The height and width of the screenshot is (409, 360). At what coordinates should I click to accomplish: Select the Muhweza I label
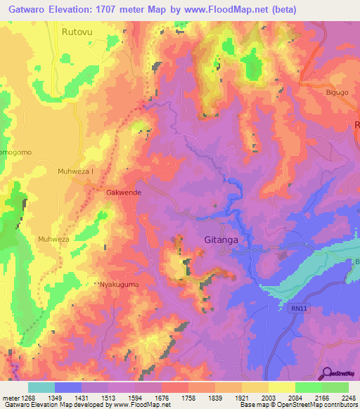tap(76, 171)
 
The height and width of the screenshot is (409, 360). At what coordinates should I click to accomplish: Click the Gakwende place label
tap(124, 192)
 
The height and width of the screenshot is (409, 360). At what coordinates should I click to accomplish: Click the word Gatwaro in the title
tap(31, 10)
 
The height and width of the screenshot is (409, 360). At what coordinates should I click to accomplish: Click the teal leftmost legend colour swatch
tap(41, 387)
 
